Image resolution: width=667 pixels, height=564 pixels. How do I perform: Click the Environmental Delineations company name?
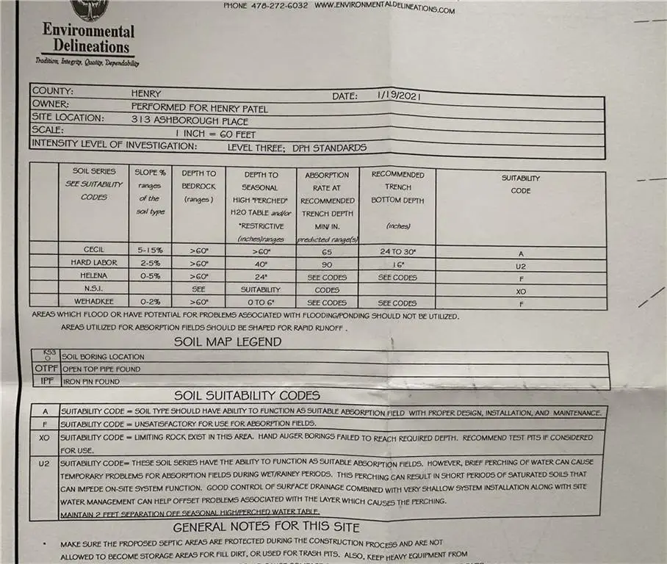click(88, 38)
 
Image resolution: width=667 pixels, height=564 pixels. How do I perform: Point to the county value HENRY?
click(146, 93)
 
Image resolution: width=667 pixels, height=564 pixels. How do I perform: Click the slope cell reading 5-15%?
click(149, 250)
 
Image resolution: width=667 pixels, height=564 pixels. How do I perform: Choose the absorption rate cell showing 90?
click(327, 264)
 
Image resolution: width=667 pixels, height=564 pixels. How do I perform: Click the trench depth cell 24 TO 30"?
click(397, 251)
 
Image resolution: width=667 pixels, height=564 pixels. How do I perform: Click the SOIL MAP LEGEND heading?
click(227, 341)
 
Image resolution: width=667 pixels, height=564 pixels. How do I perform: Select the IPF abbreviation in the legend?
click(45, 381)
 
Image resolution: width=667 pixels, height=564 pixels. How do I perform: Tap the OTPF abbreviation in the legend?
click(46, 369)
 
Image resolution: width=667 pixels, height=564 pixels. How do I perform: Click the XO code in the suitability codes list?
click(44, 438)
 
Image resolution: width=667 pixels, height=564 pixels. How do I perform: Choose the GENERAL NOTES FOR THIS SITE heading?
click(266, 527)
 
